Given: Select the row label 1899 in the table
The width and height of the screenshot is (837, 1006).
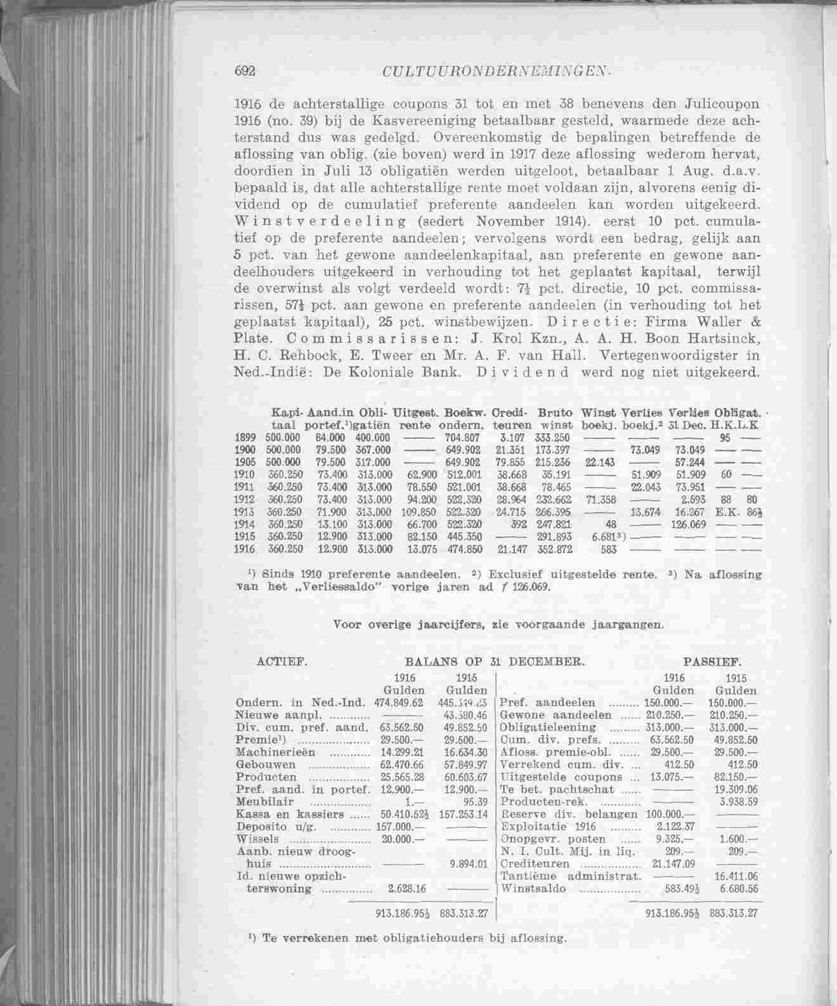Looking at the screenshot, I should (x=245, y=438).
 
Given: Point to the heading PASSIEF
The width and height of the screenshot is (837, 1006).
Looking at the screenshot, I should (x=712, y=662).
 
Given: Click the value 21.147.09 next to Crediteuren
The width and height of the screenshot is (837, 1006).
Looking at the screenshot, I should (x=673, y=864).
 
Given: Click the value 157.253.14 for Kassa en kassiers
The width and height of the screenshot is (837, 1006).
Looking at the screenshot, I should (x=462, y=814).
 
